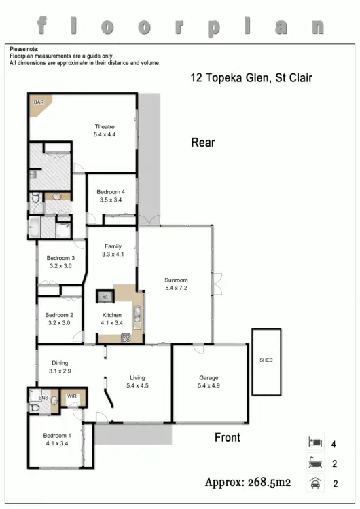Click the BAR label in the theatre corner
pyautogui.click(x=38, y=102)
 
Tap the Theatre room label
pyautogui.click(x=105, y=127)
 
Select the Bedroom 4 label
pyautogui.click(x=110, y=192)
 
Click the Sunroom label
pyautogui.click(x=176, y=280)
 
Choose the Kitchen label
pyautogui.click(x=112, y=315)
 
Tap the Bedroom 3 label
pyautogui.click(x=60, y=258)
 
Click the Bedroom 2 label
pyautogui.click(x=59, y=315)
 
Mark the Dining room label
pyautogui.click(x=60, y=363)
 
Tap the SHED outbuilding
pyautogui.click(x=266, y=360)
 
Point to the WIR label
pyautogui.click(x=71, y=396)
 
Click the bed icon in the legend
pyautogui.click(x=314, y=442)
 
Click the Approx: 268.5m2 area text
pyautogui.click(x=248, y=483)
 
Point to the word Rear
pyautogui.click(x=203, y=143)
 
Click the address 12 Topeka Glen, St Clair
pyautogui.click(x=251, y=78)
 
